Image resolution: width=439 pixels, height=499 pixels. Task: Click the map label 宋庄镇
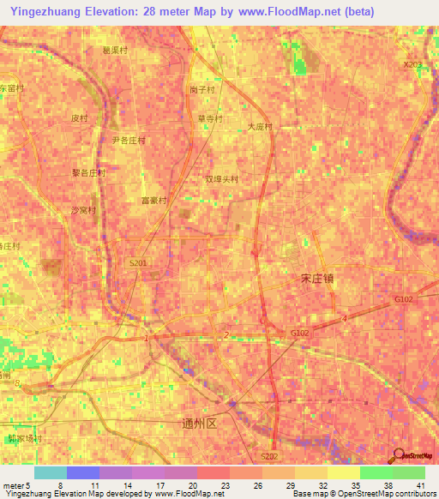(x=319, y=280)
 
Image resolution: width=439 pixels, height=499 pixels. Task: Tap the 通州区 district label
(x=201, y=423)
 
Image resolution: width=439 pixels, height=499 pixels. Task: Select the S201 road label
(x=138, y=263)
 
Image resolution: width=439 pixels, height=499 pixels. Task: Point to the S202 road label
(x=269, y=457)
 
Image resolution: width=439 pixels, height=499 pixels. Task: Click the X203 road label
(x=412, y=64)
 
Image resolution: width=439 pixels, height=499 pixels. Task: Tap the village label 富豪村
(x=155, y=200)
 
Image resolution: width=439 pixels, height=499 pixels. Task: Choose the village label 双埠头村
(x=221, y=179)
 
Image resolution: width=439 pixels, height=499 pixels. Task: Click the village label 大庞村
(x=259, y=126)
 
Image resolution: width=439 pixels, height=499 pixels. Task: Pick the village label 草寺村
(x=210, y=118)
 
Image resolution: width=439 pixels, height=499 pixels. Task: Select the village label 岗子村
(x=202, y=88)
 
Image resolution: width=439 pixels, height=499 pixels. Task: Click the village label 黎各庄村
(x=88, y=171)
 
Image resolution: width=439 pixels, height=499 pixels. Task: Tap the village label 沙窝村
(x=83, y=209)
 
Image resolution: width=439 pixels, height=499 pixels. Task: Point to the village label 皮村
(x=80, y=117)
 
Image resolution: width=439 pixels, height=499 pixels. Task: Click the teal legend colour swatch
(x=50, y=472)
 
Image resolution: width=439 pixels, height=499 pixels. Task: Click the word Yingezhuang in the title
(x=46, y=12)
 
